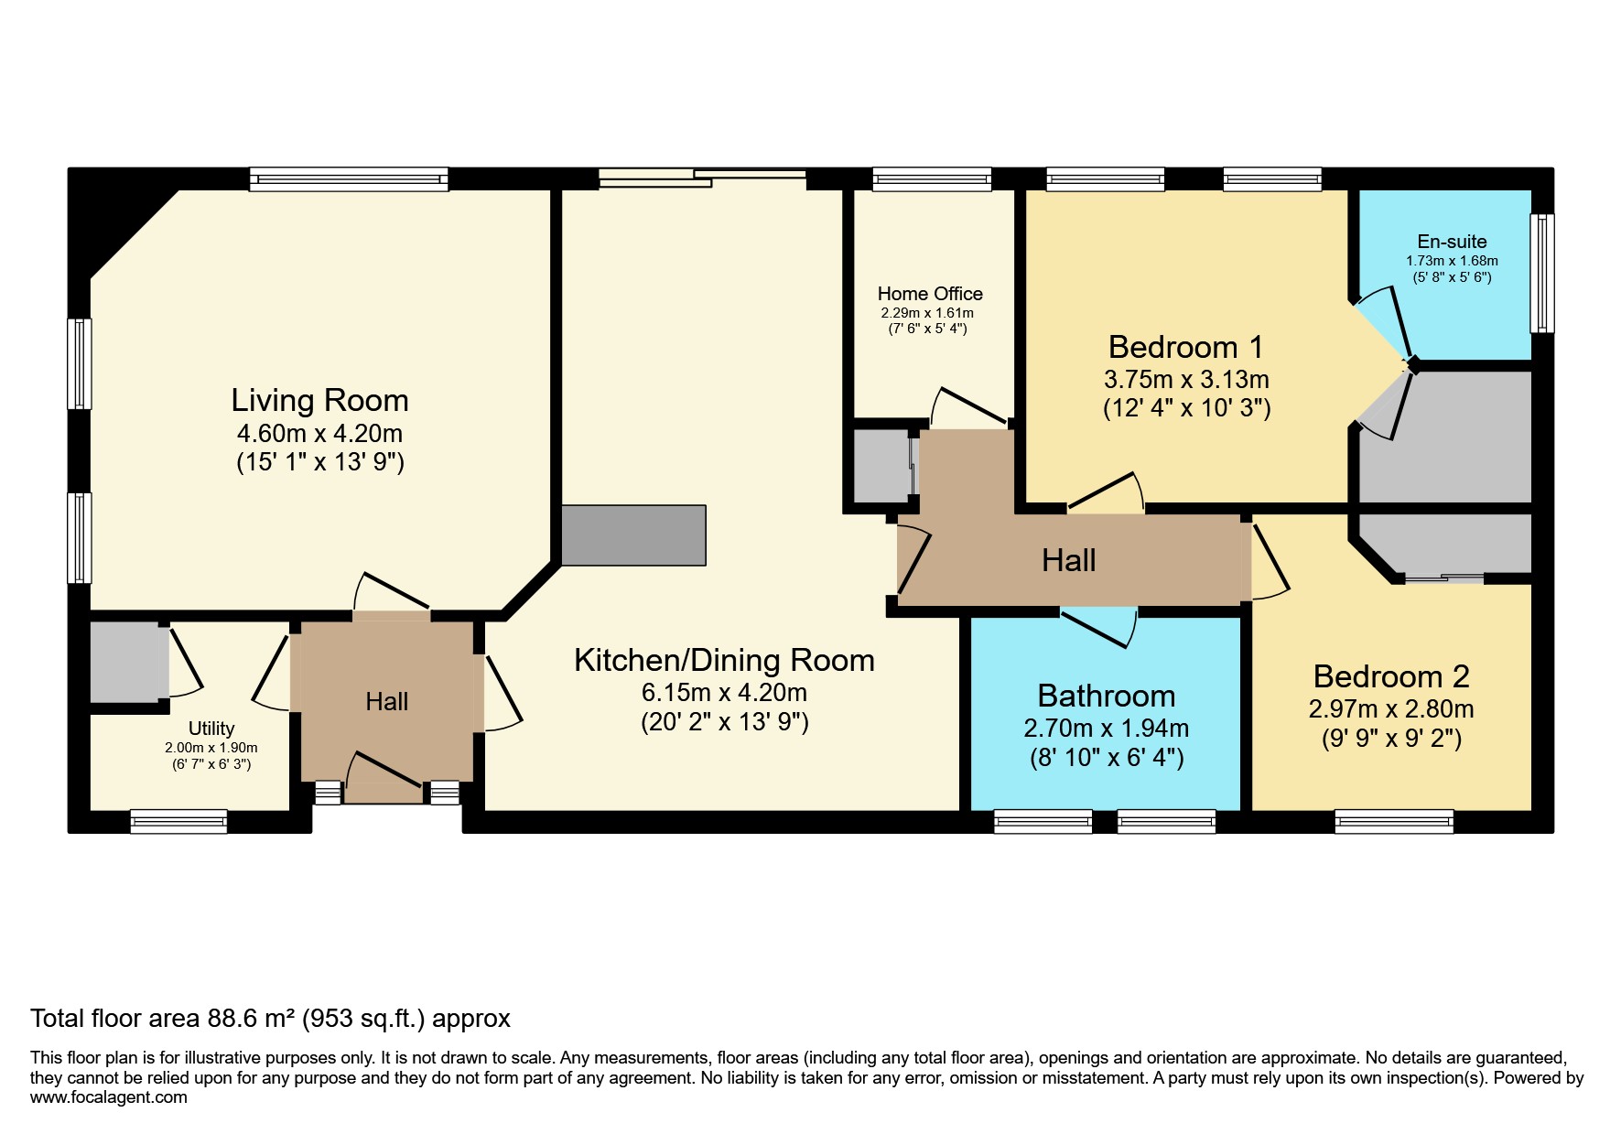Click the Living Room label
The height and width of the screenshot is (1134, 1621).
pos(319,400)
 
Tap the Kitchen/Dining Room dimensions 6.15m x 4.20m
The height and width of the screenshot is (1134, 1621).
pos(724,693)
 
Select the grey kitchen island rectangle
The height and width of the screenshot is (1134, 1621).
pos(633,535)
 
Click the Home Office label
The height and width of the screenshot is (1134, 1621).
pos(930,294)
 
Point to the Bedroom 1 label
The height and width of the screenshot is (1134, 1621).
pos(1185,347)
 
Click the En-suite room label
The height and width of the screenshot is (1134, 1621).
pos(1452,242)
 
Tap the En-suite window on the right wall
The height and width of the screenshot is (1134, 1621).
pos(1541,273)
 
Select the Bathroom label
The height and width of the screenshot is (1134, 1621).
pos(1106,696)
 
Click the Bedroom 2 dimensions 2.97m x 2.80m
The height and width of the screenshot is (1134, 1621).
pos(1391,709)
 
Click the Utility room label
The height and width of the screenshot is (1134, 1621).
pos(211,729)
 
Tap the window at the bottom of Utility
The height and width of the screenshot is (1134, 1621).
pos(178,821)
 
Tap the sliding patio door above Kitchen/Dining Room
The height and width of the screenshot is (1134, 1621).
pos(703,178)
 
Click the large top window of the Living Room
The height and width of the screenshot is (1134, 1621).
pos(349,178)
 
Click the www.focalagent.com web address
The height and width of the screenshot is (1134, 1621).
pos(109,1097)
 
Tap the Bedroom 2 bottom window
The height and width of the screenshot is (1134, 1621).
pos(1393,821)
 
